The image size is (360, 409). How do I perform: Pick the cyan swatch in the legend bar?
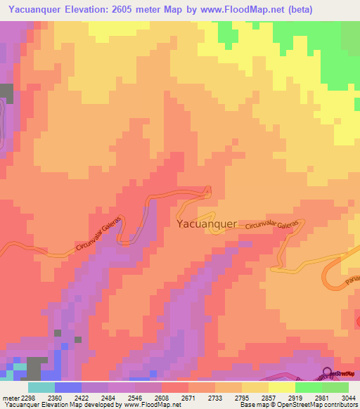pyautogui.click(x=41, y=387)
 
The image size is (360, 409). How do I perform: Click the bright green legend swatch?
pyautogui.click(x=308, y=387)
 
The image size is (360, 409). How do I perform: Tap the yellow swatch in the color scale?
pyautogui.click(x=281, y=387)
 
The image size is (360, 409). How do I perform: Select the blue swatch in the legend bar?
pyautogui.click(x=68, y=387)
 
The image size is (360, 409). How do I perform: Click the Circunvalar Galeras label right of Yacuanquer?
pyautogui.click(x=276, y=225)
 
